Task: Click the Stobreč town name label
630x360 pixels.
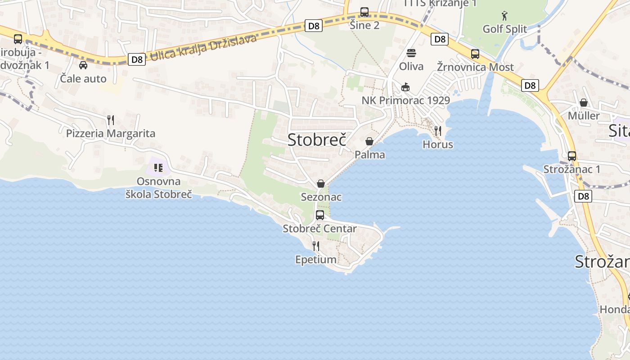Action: tap(317, 139)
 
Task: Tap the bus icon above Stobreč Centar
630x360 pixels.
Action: tap(320, 215)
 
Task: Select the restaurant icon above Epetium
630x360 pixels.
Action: tap(316, 246)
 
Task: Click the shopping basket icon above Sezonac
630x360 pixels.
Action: tap(321, 184)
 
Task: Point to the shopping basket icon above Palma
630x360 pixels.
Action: tap(369, 141)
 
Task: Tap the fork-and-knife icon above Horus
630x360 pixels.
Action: tap(437, 131)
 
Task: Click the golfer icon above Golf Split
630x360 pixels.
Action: tap(504, 16)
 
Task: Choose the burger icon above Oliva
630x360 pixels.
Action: tap(411, 53)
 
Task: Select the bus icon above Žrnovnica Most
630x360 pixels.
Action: tap(475, 54)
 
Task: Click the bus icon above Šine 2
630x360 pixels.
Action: tap(364, 12)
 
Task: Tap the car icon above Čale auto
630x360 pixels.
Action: tap(83, 65)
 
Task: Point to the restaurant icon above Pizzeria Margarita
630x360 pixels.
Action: tap(111, 120)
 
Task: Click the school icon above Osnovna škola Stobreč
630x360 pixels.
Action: tap(158, 168)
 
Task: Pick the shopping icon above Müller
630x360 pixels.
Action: tap(584, 103)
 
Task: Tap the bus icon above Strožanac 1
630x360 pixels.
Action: tap(572, 156)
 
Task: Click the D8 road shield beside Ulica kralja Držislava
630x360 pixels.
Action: tap(137, 59)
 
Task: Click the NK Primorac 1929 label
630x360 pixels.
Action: tap(406, 100)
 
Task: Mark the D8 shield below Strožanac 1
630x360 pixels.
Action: tap(583, 196)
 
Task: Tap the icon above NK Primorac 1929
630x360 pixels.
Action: tap(405, 87)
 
